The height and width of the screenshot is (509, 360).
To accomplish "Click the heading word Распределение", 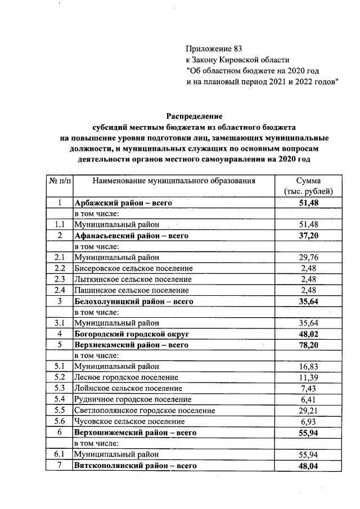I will [x=194, y=115].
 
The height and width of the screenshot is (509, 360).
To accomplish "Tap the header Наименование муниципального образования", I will [x=174, y=181].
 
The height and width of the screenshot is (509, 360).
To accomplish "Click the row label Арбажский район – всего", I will [x=123, y=202].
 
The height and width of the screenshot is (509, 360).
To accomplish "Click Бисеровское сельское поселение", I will [x=134, y=268].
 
